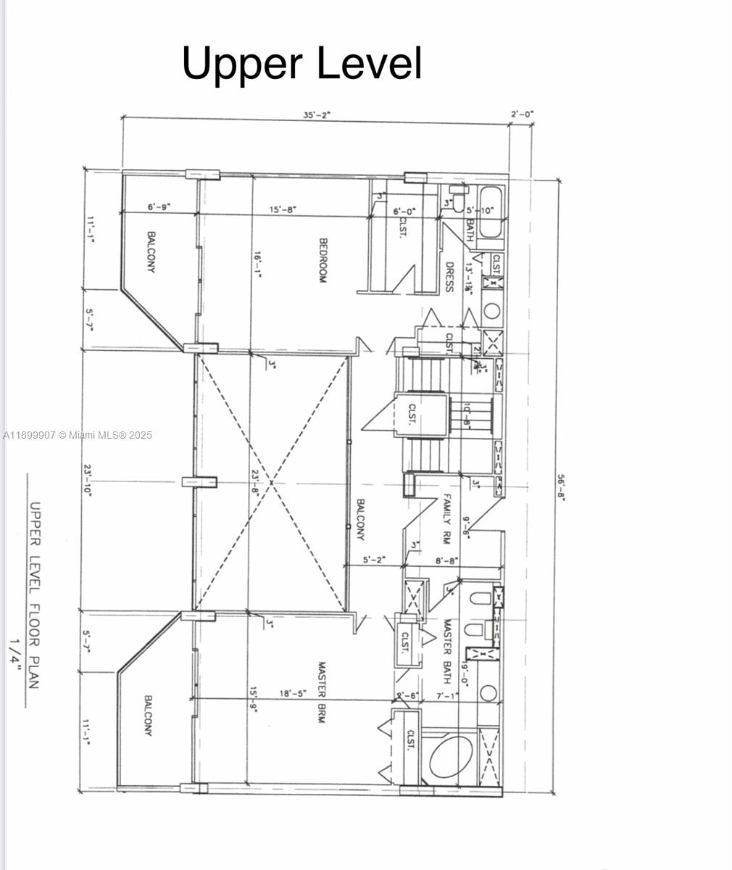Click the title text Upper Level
click(301, 63)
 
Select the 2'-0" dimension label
click(522, 114)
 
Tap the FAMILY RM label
click(447, 519)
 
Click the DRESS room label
click(449, 276)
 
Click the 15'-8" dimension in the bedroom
click(283, 209)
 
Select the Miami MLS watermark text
click(78, 435)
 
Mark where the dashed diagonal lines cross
click(271, 482)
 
